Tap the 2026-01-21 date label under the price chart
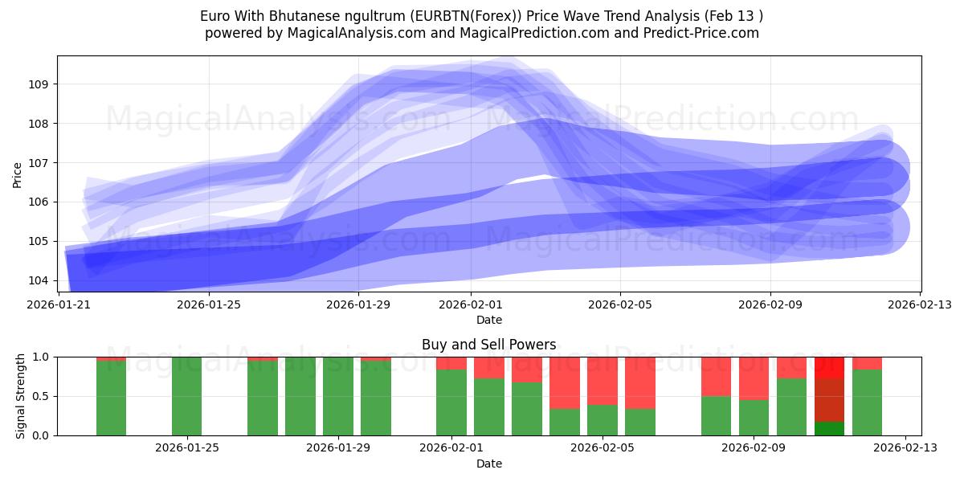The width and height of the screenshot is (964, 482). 59,304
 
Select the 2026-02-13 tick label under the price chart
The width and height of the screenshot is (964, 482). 920,304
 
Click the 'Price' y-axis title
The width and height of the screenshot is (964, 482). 18,174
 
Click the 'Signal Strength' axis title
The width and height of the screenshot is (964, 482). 21,396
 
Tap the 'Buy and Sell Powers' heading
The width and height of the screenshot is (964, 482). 488,345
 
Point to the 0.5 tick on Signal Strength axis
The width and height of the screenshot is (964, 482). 39,396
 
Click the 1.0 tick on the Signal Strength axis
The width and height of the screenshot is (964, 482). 39,357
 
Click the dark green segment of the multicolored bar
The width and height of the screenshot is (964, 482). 829,428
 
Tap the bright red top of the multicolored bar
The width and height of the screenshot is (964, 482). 829,367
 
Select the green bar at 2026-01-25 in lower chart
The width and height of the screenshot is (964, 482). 186,396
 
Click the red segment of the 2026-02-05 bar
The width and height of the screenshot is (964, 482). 602,380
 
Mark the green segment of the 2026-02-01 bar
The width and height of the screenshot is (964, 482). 451,402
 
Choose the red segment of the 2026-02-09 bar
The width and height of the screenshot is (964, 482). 754,378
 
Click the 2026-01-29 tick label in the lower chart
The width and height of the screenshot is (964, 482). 337,448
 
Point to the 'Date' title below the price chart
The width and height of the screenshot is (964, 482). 488,320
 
